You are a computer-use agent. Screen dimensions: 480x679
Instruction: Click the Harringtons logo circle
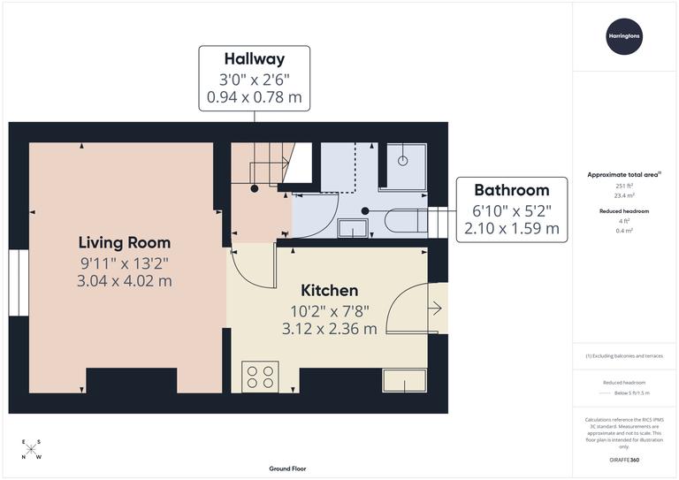coord(624,36)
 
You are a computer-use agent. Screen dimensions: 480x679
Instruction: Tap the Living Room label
coord(125,242)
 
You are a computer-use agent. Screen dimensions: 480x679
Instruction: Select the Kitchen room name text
coord(329,290)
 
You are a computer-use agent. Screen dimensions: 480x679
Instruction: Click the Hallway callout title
coord(255,59)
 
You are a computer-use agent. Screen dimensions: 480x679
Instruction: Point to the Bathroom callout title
coord(511,189)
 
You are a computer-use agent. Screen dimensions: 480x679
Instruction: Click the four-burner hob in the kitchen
coord(260,377)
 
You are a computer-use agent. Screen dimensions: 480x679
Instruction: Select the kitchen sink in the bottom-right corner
coord(405,380)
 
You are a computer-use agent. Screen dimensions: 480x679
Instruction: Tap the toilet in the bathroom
coord(407,221)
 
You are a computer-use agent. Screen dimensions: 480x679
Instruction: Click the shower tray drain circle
coord(402,161)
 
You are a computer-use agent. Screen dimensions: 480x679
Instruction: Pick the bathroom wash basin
coord(355,229)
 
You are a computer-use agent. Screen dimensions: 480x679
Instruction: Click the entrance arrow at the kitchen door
coord(434,309)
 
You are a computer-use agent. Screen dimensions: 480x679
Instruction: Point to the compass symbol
coord(31,449)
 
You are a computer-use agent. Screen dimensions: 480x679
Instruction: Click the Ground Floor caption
coord(287,469)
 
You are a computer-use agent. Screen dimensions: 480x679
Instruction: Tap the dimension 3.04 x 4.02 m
coord(125,281)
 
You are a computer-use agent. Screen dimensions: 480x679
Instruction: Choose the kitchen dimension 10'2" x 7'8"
coord(329,310)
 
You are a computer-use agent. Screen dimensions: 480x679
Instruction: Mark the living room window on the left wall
coord(19,282)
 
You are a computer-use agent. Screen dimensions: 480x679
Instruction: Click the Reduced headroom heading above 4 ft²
coord(625,211)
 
